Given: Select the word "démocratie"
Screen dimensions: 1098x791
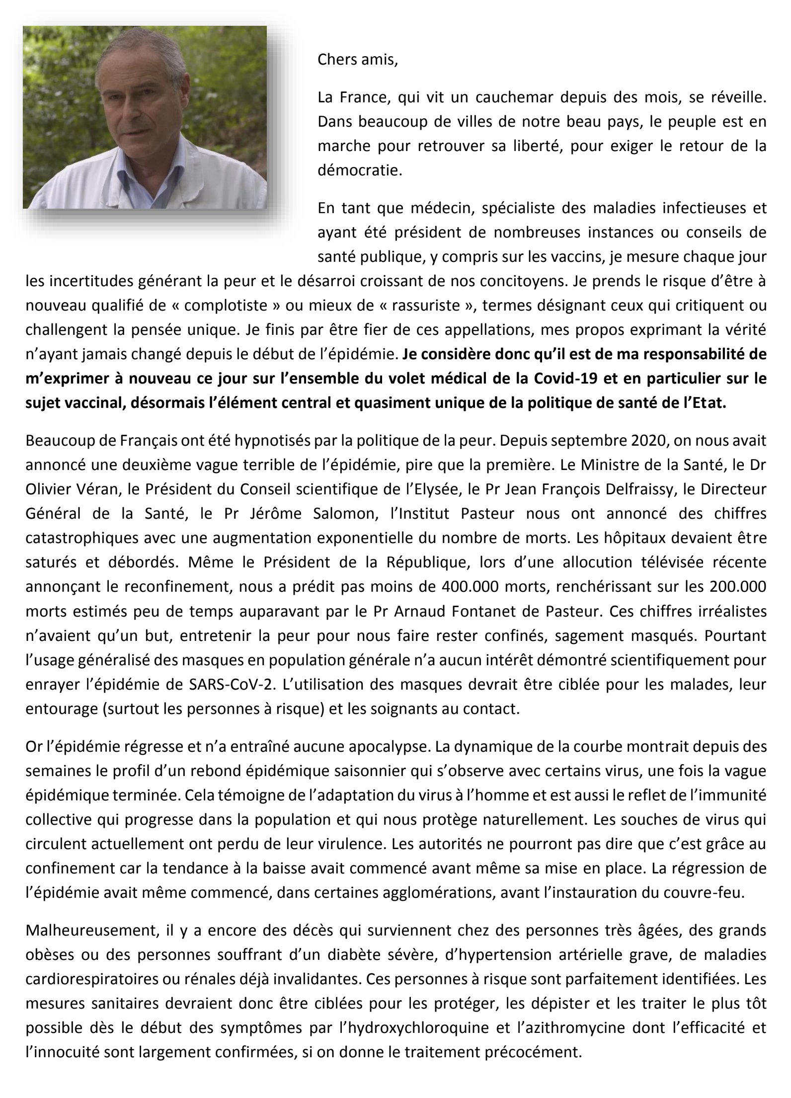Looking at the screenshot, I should click(x=359, y=171).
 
